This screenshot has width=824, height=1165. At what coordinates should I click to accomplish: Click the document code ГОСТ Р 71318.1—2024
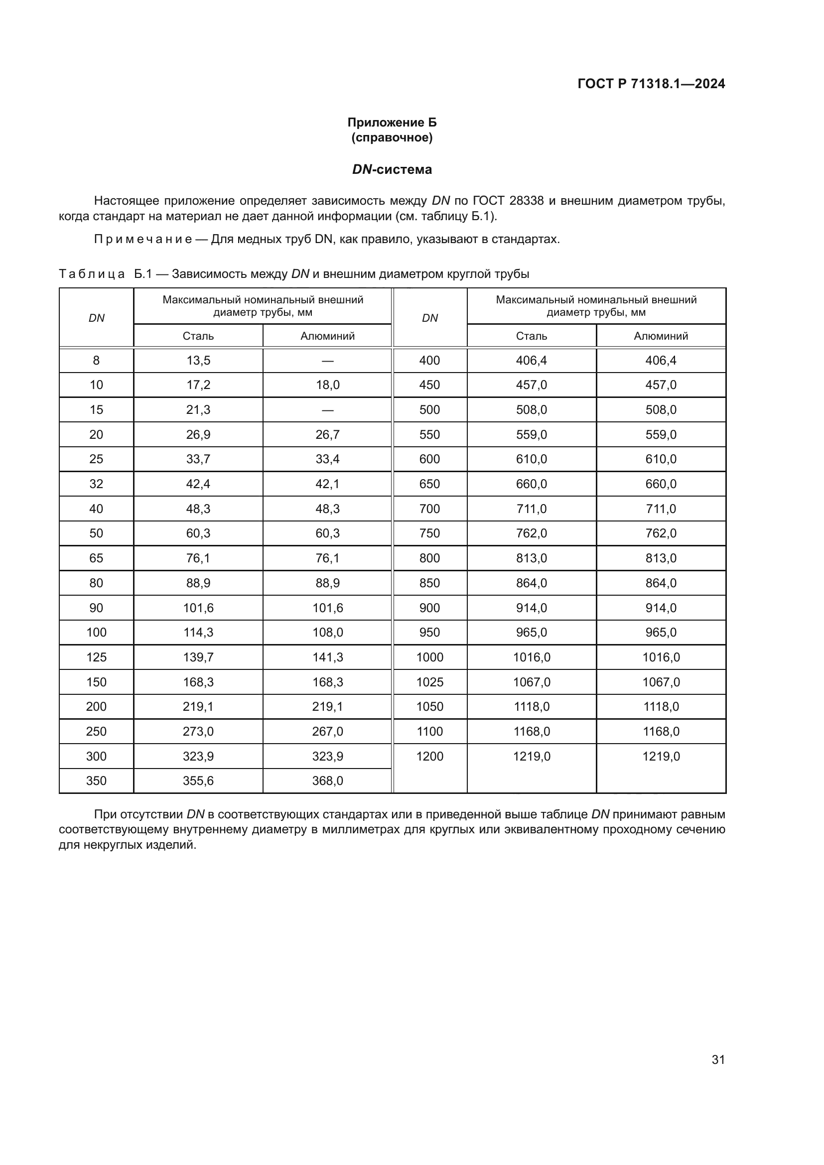pos(651,84)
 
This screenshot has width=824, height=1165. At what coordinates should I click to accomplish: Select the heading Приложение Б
pos(392,123)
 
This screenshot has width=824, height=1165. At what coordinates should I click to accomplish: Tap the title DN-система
pos(392,169)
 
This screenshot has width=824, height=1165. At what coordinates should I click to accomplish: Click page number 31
pos(718,1059)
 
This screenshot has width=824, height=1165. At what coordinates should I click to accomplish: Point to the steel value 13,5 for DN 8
pos(198,360)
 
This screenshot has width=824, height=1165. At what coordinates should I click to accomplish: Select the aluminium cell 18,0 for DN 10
pos(327,385)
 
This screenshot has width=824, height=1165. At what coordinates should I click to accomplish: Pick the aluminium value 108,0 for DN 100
pos(327,632)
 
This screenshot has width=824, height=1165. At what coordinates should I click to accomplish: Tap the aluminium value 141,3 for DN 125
pos(327,657)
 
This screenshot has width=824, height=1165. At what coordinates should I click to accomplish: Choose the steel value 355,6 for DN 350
pos(198,781)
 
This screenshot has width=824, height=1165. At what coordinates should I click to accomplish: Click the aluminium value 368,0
pos(327,781)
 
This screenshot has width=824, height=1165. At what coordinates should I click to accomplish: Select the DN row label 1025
pos(430,682)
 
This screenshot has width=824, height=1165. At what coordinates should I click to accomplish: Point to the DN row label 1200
pos(430,756)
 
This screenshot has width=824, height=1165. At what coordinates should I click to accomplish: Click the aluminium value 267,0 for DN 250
pos(327,731)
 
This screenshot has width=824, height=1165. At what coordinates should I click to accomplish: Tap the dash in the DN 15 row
pos(327,410)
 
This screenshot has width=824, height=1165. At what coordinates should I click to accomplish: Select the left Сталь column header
pos(198,336)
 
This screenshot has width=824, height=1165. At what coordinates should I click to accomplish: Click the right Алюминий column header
pos(661,336)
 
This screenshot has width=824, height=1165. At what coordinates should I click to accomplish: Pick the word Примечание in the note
pos(142,240)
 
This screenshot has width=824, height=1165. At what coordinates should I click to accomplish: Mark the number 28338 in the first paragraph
pos(526,201)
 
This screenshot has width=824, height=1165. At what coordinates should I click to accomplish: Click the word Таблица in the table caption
pos(91,274)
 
